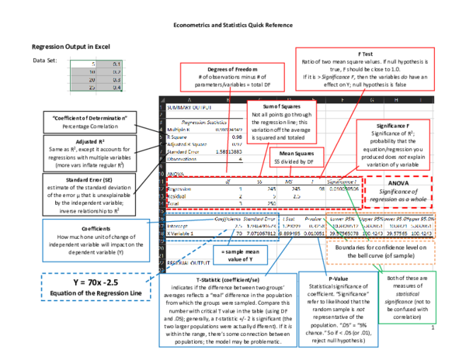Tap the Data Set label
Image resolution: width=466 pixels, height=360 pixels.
[44, 60]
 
